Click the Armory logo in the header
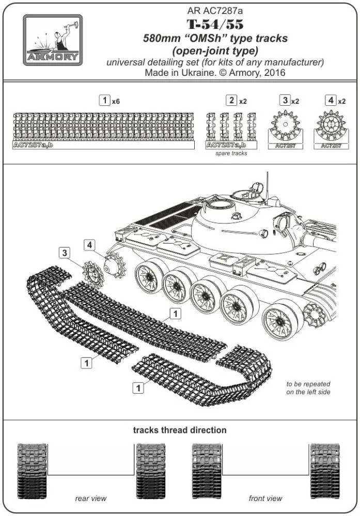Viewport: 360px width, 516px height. (x=53, y=40)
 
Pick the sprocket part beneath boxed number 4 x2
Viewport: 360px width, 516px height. (x=331, y=126)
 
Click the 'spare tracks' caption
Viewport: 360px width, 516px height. (x=231, y=153)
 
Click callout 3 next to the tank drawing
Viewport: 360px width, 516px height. (x=64, y=253)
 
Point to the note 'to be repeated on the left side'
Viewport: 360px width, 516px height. (x=308, y=388)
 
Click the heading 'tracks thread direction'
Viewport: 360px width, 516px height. (x=179, y=430)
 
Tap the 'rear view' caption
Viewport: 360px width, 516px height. (x=90, y=498)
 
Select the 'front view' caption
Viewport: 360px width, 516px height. (x=265, y=498)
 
